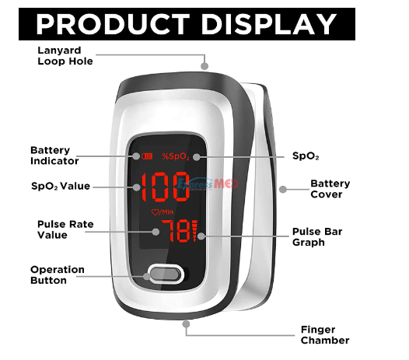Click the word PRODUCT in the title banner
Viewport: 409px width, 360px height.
click(x=113, y=24)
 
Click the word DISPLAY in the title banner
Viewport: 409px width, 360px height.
click(x=269, y=24)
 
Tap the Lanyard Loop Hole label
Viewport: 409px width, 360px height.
click(x=65, y=56)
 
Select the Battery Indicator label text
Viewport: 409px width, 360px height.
click(x=54, y=156)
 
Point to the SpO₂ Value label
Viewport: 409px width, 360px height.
click(x=61, y=186)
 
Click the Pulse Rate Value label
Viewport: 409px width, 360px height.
click(x=65, y=229)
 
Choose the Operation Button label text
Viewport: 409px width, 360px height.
click(x=58, y=275)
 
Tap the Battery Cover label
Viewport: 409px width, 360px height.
click(x=330, y=189)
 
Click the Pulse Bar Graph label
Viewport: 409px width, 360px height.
click(x=317, y=237)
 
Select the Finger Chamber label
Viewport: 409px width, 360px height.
click(x=325, y=335)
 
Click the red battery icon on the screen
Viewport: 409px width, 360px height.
click(x=147, y=156)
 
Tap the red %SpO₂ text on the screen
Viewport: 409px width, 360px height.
click(x=176, y=156)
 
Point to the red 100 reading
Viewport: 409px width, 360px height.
click(x=166, y=187)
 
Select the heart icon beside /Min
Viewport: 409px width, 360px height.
click(x=155, y=212)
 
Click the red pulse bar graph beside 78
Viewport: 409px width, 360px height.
click(x=194, y=231)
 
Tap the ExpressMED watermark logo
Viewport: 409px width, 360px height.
click(x=208, y=184)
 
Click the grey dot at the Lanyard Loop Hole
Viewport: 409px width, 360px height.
click(x=204, y=66)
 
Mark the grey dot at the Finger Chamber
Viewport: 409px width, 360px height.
click(x=186, y=324)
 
